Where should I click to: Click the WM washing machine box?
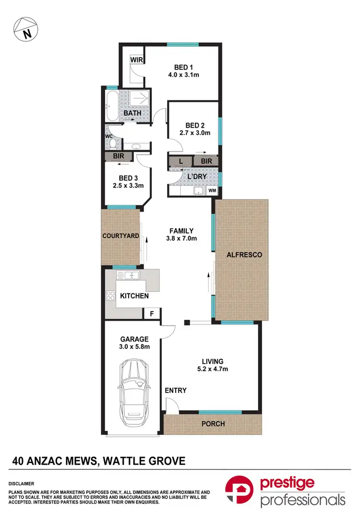tap(212, 191)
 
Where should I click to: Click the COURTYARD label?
tap(120, 236)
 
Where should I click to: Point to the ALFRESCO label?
tap(244, 255)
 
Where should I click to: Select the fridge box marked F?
tap(152, 314)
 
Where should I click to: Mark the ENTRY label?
tap(175, 390)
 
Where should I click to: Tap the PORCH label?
tap(213, 424)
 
